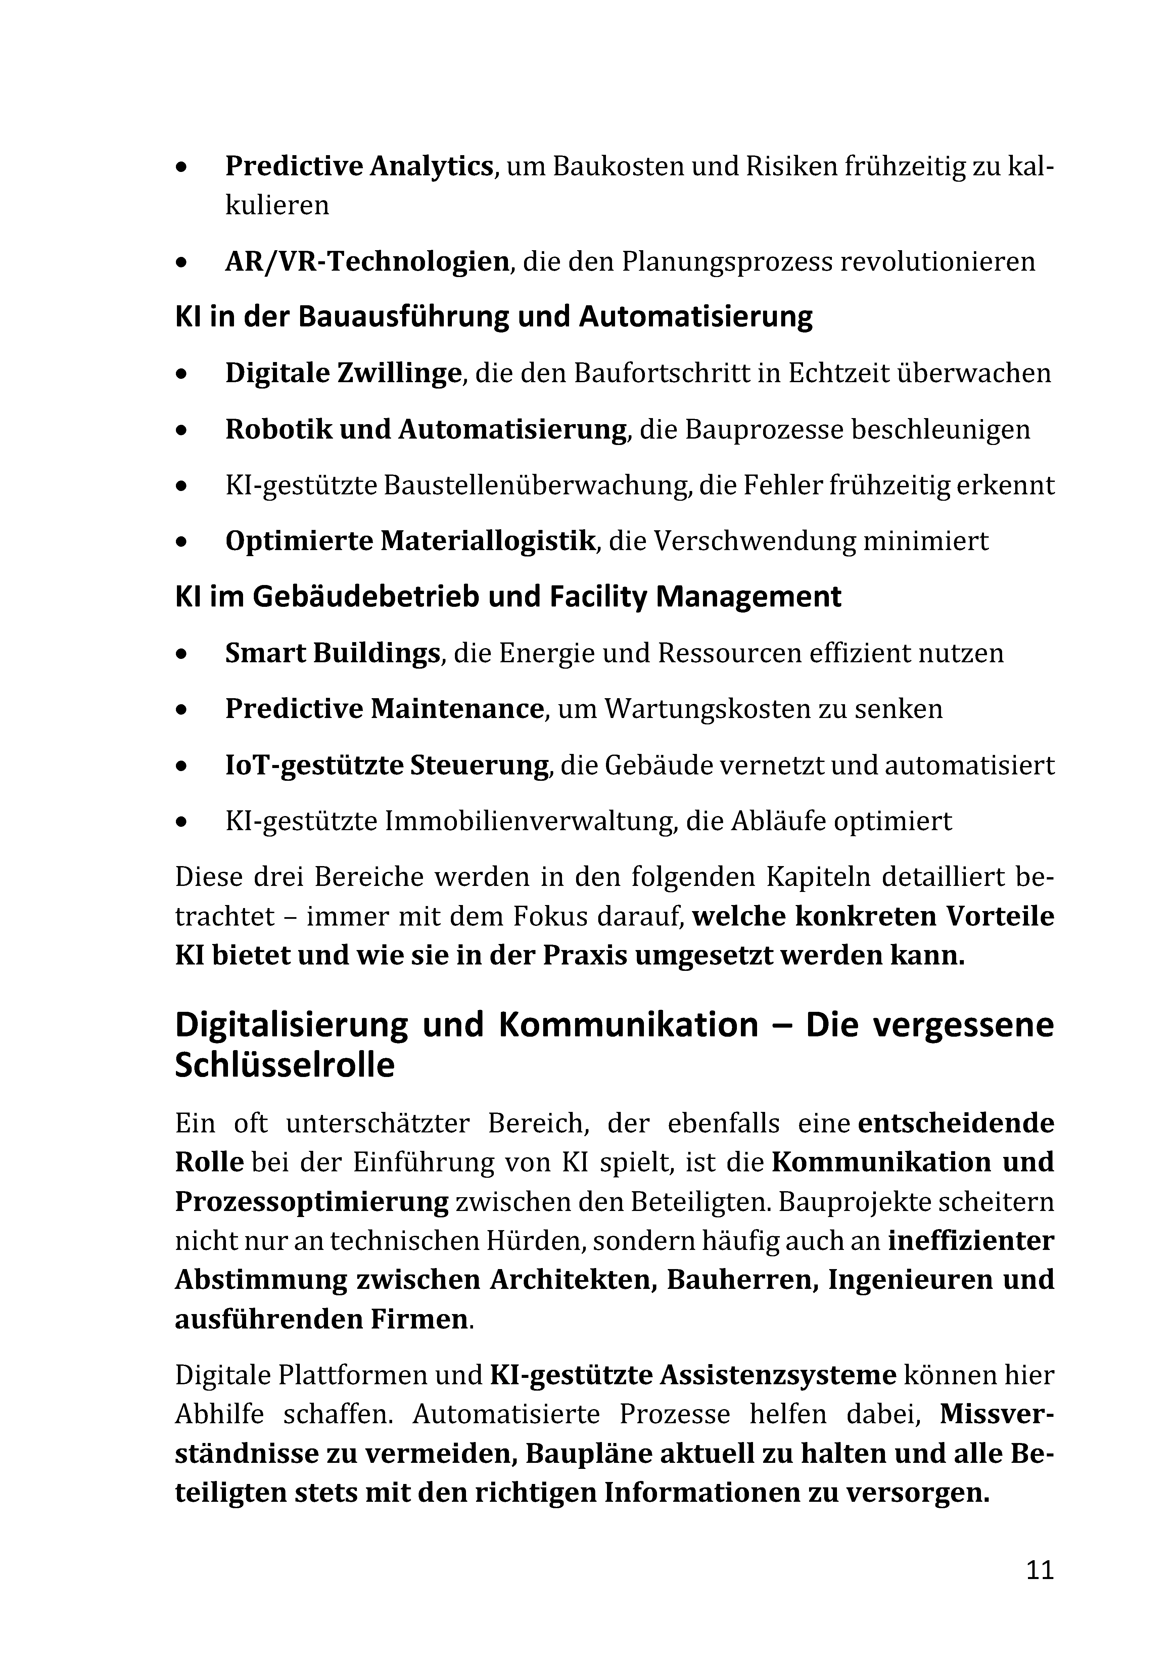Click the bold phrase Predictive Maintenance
tap(384, 709)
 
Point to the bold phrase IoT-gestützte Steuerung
tap(386, 765)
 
